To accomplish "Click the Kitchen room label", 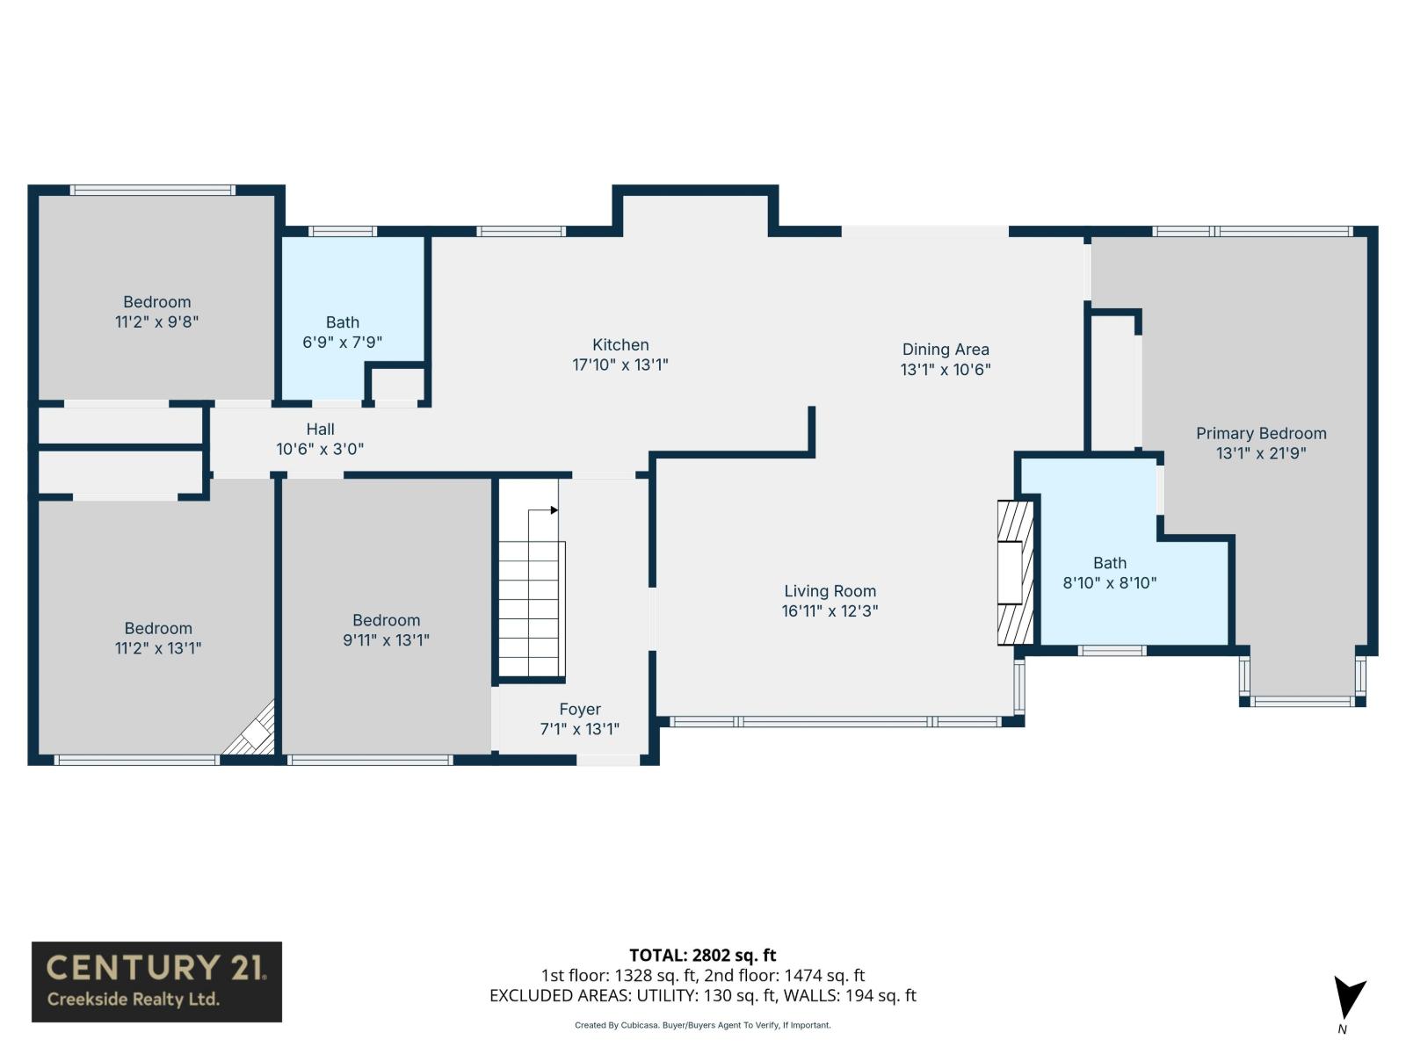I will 620,345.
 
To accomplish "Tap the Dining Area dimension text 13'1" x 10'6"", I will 946,370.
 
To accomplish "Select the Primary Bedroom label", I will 1261,433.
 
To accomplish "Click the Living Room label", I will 830,591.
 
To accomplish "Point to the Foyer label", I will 580,709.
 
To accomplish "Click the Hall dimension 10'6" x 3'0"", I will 320,449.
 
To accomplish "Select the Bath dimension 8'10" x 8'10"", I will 1109,582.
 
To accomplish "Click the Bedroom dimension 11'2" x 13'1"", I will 158,648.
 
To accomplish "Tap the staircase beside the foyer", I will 530,597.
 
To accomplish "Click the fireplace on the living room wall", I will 1015,573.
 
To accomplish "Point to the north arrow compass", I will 1348,1001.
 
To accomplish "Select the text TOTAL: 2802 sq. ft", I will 702,955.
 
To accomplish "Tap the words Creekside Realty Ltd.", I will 134,1000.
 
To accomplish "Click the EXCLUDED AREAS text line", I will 702,995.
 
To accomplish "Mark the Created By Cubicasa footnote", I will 702,1025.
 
